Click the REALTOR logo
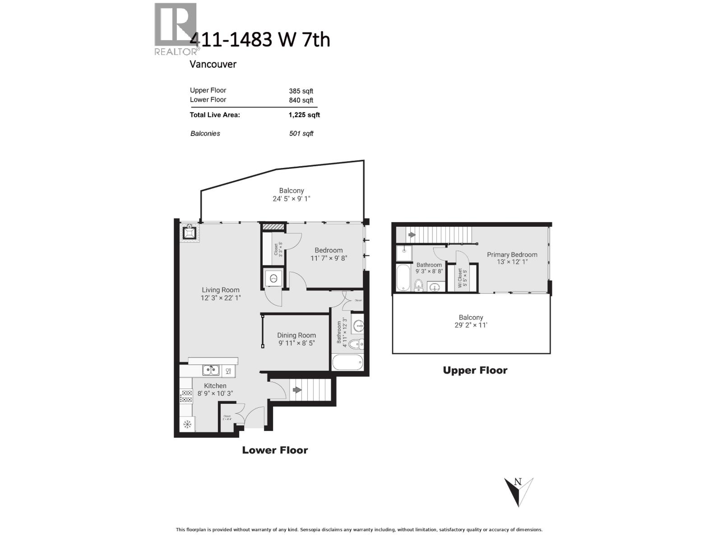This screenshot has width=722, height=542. [x=176, y=28]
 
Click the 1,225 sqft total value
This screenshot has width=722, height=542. [x=304, y=115]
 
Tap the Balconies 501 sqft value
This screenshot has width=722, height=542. [x=301, y=134]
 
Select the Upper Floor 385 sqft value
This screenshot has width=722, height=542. [x=301, y=91]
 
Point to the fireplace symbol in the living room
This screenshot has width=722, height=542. [x=190, y=233]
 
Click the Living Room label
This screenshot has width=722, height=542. [x=221, y=290]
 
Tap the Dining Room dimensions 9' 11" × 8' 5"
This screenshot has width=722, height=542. [x=296, y=343]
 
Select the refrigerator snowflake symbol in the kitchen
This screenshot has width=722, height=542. [x=187, y=425]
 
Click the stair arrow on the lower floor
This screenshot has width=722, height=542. [x=296, y=390]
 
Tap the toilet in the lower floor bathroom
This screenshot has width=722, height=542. [x=356, y=345]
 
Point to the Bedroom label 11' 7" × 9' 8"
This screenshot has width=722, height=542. [x=329, y=254]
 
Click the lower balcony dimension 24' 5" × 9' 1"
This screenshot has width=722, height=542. [x=292, y=199]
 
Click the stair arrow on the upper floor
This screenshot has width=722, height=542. [x=412, y=235]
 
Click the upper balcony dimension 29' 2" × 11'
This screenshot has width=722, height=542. [x=471, y=325]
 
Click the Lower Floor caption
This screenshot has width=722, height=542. [x=275, y=450]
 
